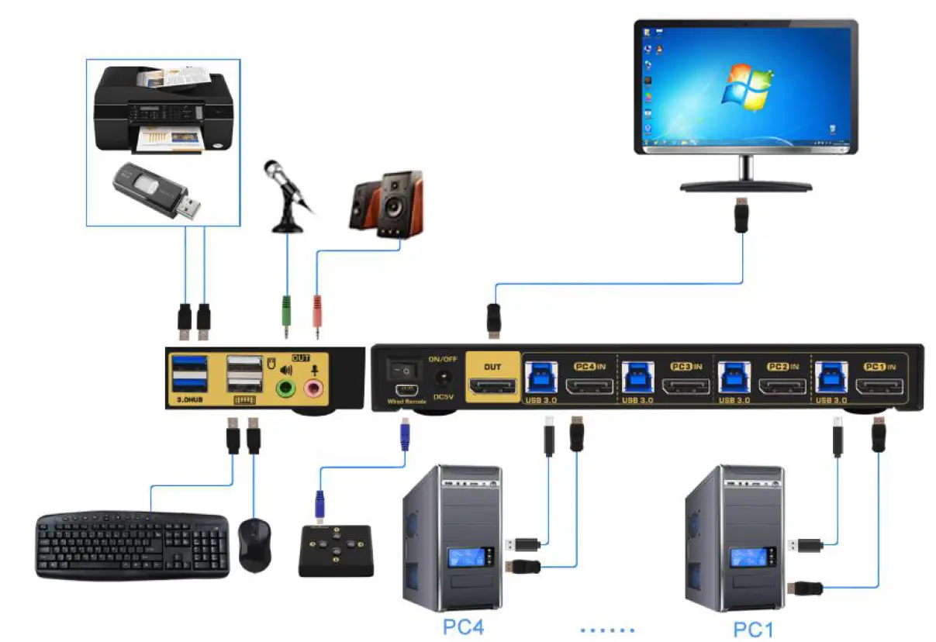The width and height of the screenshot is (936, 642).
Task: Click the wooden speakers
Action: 386,202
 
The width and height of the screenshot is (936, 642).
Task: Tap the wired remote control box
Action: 336,550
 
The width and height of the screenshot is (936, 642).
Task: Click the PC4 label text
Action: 463,626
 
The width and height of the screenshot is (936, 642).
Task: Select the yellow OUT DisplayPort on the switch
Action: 492,386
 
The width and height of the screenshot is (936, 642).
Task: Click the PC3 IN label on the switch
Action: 686,366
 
